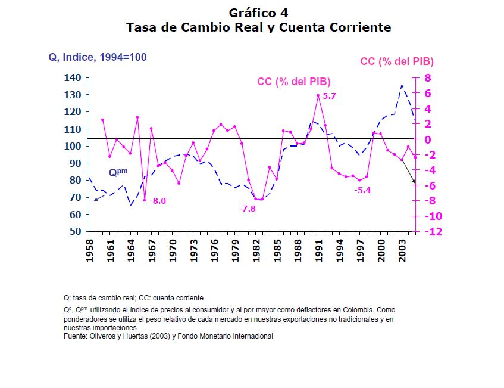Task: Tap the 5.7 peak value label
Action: click(x=330, y=96)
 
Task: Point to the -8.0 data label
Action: click(x=158, y=201)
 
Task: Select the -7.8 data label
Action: click(x=247, y=209)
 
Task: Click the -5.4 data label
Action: click(x=362, y=190)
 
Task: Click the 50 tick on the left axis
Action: click(x=74, y=231)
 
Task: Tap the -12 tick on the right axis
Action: click(x=433, y=232)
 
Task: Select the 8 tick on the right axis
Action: click(x=427, y=78)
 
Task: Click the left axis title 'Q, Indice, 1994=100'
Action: click(x=98, y=57)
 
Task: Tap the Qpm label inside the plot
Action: click(x=118, y=172)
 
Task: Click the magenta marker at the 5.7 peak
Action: click(x=318, y=95)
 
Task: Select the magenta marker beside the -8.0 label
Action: click(x=144, y=200)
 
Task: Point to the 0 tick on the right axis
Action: click(x=427, y=139)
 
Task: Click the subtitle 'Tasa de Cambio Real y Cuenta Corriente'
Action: click(x=258, y=27)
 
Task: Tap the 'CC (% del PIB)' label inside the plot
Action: click(x=293, y=82)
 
